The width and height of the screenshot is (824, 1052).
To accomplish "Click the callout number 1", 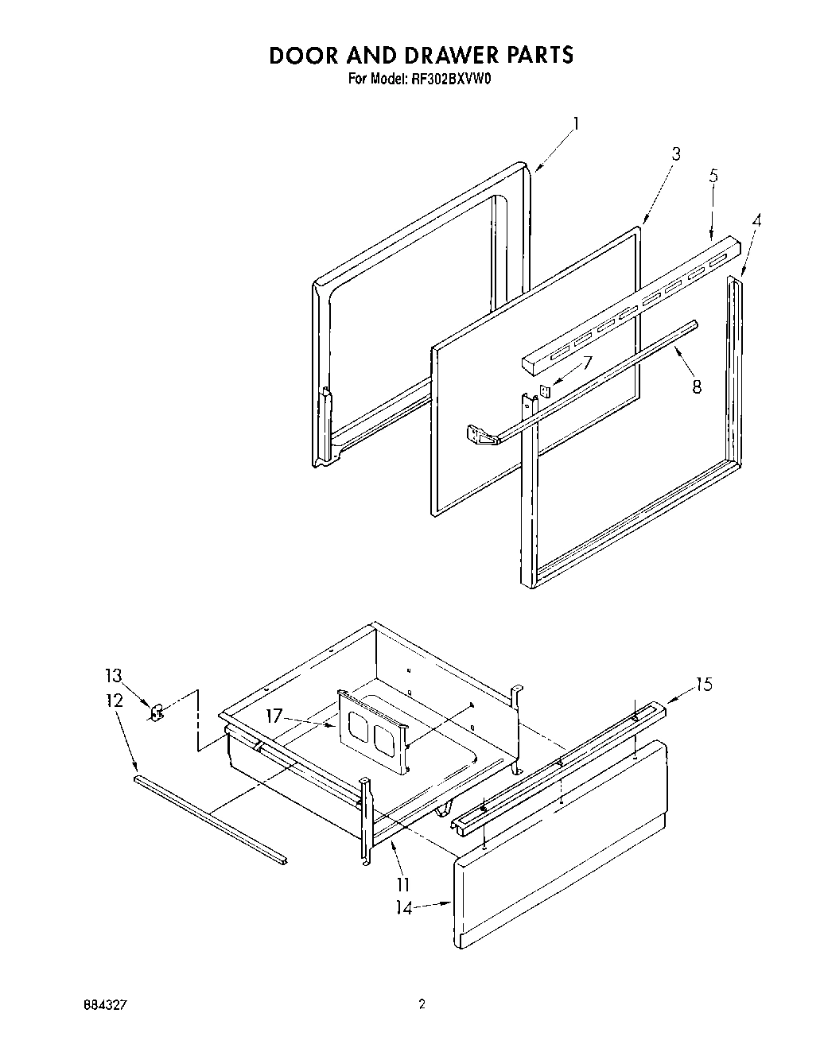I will click(576, 124).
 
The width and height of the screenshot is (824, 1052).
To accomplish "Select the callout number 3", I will click(675, 154).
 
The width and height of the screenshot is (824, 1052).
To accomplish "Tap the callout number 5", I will click(713, 177).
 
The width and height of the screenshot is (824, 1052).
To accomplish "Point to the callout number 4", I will click(756, 222).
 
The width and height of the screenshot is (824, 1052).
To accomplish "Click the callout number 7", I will click(587, 363).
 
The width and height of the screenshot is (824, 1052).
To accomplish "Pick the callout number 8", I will click(697, 387).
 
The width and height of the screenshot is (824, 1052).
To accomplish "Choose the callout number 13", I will click(113, 676).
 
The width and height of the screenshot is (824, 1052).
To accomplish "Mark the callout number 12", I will click(114, 701).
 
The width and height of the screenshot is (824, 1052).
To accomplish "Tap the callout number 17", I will click(274, 715).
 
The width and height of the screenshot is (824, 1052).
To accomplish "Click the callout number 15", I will click(703, 684).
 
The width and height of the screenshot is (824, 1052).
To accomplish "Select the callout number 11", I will click(403, 883).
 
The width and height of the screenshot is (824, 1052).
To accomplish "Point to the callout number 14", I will click(405, 907).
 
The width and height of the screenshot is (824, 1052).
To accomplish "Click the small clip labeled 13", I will click(157, 710).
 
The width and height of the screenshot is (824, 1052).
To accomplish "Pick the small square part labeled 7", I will click(545, 390).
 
